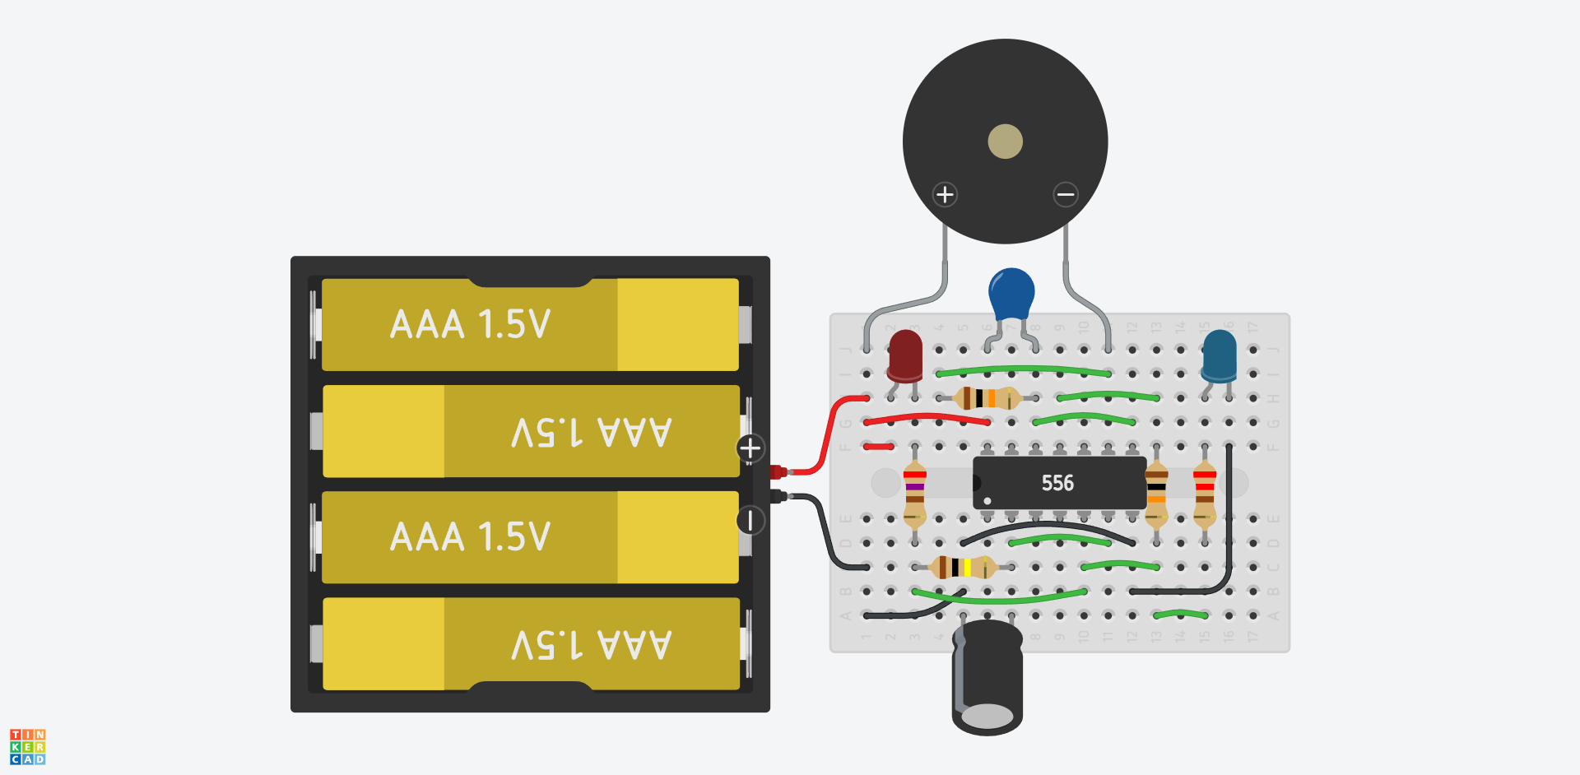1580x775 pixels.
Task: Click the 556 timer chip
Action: pyautogui.click(x=1058, y=483)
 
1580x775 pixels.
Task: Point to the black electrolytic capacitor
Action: pyautogui.click(x=987, y=679)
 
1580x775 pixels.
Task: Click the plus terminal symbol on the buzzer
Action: pyautogui.click(x=945, y=194)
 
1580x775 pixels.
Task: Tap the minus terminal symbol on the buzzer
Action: pyautogui.click(x=1066, y=194)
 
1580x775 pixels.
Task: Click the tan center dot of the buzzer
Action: pyautogui.click(x=1005, y=142)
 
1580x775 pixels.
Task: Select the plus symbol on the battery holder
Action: pyautogui.click(x=750, y=448)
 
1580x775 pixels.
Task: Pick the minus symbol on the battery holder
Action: pyautogui.click(x=750, y=520)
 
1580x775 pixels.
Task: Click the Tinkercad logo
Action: pyautogui.click(x=27, y=746)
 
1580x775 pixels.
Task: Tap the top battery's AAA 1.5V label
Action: pyautogui.click(x=470, y=324)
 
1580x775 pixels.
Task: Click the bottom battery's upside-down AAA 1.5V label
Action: pyautogui.click(x=591, y=644)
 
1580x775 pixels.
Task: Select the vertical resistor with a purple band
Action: pyautogui.click(x=914, y=494)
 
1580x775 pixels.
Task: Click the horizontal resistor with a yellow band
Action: pyautogui.click(x=962, y=567)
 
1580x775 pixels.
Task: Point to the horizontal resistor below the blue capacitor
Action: pyautogui.click(x=987, y=398)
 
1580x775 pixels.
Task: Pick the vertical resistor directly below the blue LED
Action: pyautogui.click(x=1205, y=494)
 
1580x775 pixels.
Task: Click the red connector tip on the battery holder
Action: pyautogui.click(x=777, y=471)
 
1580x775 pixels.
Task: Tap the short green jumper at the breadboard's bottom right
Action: pyautogui.click(x=1180, y=614)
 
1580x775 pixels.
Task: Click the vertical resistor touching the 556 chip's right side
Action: pyautogui.click(x=1156, y=494)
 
